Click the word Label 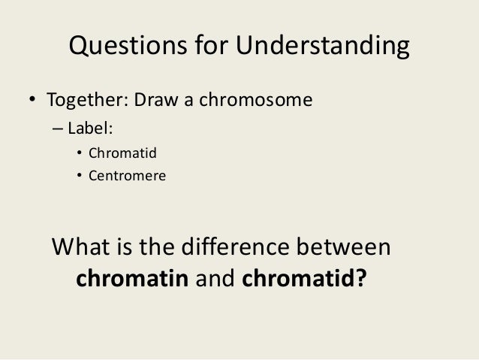pyautogui.click(x=89, y=128)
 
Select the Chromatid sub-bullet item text pyautogui.click(x=121, y=155)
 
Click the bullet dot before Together pyautogui.click(x=32, y=100)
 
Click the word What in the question pyautogui.click(x=84, y=248)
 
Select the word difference pyautogui.click(x=236, y=248)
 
